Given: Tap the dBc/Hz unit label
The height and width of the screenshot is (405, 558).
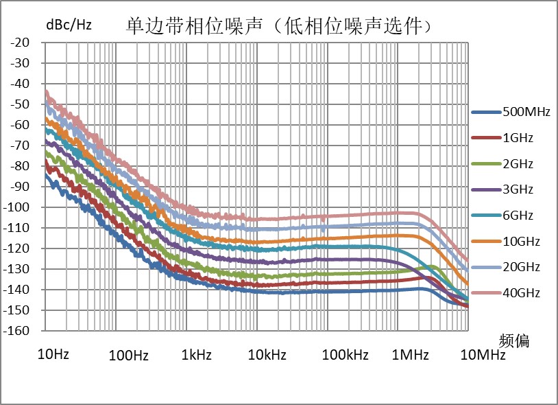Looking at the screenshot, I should (69, 25).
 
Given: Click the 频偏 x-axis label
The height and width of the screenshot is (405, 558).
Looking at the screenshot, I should (515, 340).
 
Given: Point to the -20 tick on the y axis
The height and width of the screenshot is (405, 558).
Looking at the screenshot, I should (20, 43).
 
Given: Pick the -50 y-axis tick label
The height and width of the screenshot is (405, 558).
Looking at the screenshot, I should (20, 104).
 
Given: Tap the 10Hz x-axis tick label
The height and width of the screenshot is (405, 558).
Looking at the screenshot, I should (52, 354).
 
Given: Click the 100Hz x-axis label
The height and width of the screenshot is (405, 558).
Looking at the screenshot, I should (130, 356).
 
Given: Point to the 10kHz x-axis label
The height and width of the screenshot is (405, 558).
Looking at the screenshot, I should (267, 356).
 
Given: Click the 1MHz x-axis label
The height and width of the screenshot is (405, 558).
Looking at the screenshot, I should (411, 356).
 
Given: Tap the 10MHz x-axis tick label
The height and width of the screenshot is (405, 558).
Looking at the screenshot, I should (483, 356).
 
